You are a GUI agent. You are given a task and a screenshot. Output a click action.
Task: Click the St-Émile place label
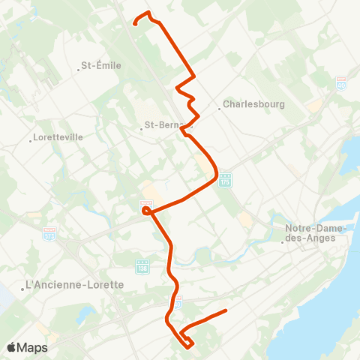(x=104, y=65)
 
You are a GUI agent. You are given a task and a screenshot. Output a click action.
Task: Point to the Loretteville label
(x=58, y=138)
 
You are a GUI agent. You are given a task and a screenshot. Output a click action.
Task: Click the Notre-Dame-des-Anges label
(x=315, y=233)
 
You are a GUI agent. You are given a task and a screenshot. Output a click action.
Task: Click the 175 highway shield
(x=224, y=181)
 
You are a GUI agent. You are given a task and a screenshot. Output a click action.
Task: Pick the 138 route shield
(x=142, y=266)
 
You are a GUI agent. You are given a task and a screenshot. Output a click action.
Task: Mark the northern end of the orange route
(x=134, y=24)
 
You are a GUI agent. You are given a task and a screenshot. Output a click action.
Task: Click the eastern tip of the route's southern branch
(x=226, y=310)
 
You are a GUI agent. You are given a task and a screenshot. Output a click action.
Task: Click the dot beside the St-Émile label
(x=79, y=70)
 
